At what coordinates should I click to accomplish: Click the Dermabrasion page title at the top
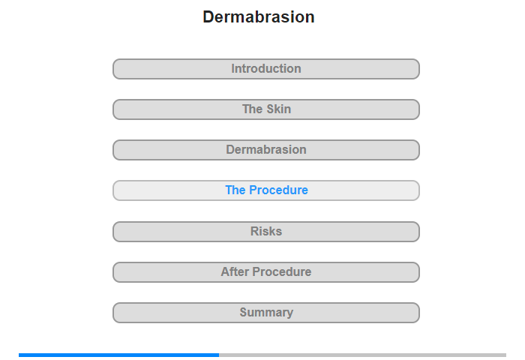pos(259,16)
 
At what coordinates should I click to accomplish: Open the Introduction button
pos(266,69)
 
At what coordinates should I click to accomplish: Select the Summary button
pos(266,313)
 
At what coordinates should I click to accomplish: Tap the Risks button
pos(266,232)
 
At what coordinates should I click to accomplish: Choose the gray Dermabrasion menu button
pos(266,150)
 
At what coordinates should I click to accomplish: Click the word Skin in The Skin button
pos(278,109)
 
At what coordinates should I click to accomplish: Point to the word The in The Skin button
pos(252,109)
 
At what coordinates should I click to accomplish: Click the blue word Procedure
pos(278,190)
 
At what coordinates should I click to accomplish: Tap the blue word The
pos(235,190)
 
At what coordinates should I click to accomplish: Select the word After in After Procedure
pos(235,271)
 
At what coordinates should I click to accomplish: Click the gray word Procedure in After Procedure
pos(282,271)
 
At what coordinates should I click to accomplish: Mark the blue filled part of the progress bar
pos(118,355)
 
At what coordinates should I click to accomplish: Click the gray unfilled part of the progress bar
pos(362,355)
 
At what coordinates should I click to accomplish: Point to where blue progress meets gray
pos(219,355)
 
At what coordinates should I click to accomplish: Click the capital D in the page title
pos(208,17)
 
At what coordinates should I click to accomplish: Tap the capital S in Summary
pos(244,313)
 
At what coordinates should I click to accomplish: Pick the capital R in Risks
pos(254,232)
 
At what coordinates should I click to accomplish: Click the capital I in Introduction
pos(233,69)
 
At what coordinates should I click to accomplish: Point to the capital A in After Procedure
pos(225,271)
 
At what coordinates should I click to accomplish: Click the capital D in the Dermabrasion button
pos(230,150)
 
